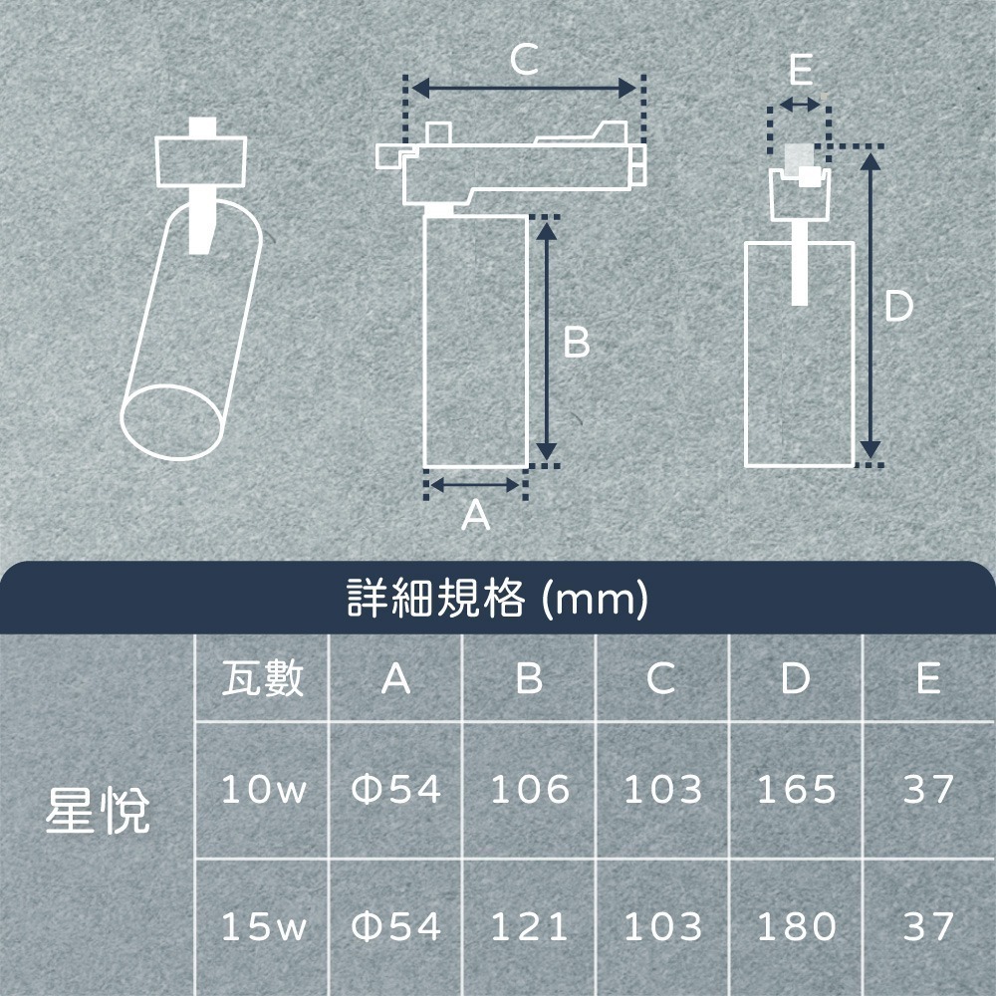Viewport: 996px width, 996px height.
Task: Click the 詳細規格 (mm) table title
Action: tap(498, 600)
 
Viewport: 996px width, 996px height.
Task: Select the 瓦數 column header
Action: tap(262, 679)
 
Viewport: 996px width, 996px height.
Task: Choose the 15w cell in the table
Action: tap(262, 927)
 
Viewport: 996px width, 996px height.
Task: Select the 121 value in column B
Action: tap(530, 927)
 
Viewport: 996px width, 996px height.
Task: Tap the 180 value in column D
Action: tap(796, 927)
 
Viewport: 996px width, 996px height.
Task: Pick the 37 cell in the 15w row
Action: tap(928, 927)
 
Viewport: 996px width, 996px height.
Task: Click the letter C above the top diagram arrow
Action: tap(524, 62)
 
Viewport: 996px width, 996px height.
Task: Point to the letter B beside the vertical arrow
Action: tap(577, 344)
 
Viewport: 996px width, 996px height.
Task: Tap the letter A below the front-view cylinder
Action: tap(476, 515)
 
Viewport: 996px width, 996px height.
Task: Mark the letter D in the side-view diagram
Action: tap(898, 307)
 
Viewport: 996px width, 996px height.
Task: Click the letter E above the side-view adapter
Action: tap(799, 71)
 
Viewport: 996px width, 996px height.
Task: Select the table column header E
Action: tap(928, 679)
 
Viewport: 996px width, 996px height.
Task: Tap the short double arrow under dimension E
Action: tap(799, 105)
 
